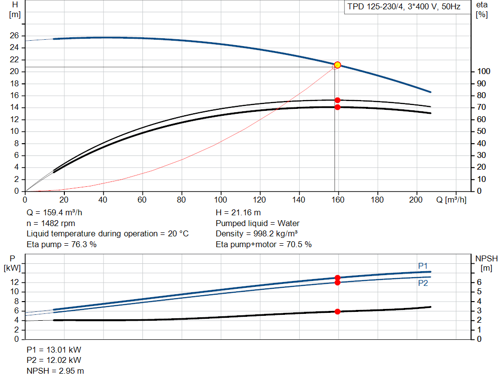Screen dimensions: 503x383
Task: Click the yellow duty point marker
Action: click(337, 65)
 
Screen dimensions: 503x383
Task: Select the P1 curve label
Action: click(423, 266)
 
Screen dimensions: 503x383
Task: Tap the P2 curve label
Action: click(423, 283)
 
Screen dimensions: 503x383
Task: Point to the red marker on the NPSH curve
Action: click(337, 311)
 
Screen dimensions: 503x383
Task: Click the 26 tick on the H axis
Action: click(14, 35)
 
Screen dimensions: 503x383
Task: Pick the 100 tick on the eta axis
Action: click(483, 72)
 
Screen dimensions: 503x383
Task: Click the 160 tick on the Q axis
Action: click(338, 200)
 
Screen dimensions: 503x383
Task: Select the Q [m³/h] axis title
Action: click(451, 200)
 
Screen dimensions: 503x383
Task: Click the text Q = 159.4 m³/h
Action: click(54, 213)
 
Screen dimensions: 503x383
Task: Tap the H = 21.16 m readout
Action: click(238, 213)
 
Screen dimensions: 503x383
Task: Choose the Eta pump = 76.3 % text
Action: click(61, 244)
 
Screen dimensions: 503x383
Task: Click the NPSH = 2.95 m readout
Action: click(55, 371)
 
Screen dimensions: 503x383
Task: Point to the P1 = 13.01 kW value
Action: click(54, 350)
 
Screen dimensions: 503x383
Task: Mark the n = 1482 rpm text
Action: click(51, 223)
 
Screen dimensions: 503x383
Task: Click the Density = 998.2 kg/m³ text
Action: click(256, 234)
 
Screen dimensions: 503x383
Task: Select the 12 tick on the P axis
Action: click(14, 282)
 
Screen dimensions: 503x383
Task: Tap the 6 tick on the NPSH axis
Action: click(479, 282)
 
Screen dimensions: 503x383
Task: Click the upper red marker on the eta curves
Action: click(337, 100)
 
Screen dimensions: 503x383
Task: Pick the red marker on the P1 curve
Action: click(337, 278)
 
